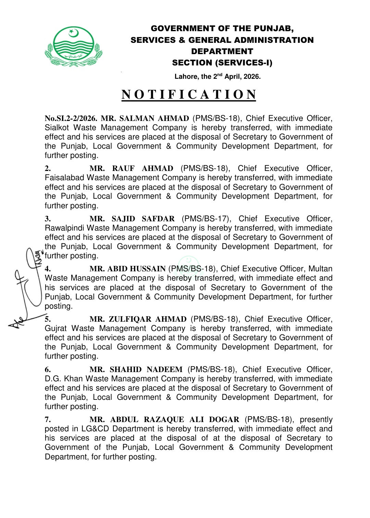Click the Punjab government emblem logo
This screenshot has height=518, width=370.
click(73, 47)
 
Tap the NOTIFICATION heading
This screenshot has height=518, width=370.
click(189, 95)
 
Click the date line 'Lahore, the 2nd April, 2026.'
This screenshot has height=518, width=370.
click(218, 76)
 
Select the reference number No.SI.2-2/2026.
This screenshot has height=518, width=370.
click(71, 119)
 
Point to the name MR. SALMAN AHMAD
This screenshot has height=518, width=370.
click(145, 119)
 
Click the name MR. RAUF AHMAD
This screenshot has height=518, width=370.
click(131, 169)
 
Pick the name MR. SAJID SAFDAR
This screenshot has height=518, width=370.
click(132, 219)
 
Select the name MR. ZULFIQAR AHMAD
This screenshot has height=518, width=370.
click(138, 319)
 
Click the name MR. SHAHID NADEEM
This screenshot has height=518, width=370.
click(136, 370)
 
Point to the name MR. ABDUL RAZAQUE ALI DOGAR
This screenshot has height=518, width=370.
click(164, 420)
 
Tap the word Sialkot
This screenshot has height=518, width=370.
click(57, 128)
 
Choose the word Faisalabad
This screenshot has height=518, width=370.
click(64, 178)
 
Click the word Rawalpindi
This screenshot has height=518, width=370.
click(64, 228)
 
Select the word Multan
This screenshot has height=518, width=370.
click(320, 269)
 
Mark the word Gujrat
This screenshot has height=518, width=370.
click(56, 329)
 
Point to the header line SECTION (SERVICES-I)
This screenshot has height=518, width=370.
click(222, 63)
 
